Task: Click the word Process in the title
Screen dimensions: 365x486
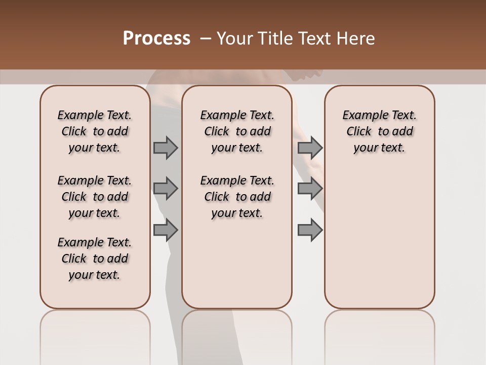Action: point(156,39)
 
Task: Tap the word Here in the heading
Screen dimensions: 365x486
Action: point(356,39)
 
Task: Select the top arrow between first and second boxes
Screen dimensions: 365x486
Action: point(166,148)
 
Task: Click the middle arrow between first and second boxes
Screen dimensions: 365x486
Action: point(166,189)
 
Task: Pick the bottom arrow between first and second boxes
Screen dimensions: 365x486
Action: point(166,230)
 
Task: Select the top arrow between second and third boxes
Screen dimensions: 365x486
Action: point(310,148)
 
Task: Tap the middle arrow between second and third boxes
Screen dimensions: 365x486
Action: point(310,189)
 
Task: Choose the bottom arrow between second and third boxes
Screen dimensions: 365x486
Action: point(310,230)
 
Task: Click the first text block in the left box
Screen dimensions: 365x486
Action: point(95,131)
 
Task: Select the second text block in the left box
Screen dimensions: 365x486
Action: point(95,197)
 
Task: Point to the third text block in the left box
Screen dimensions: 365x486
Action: point(95,259)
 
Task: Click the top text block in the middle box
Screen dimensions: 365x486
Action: point(237,131)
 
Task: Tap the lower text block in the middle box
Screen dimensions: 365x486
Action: point(237,197)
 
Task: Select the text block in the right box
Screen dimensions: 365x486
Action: point(380,131)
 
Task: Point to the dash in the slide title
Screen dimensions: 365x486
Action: point(206,39)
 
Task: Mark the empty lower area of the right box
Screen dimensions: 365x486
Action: point(380,238)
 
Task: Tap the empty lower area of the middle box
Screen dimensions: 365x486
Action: point(237,264)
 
